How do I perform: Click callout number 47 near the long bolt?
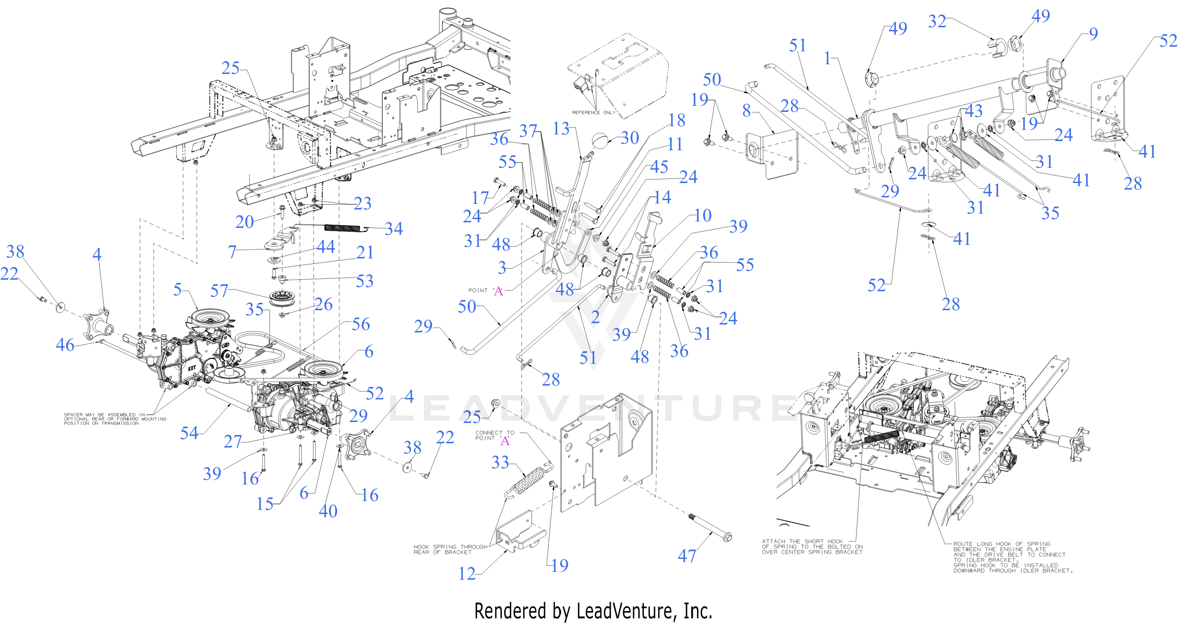(686, 556)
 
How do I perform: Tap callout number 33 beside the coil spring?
(500, 462)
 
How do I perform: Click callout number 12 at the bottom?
(467, 574)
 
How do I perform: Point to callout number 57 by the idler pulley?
(219, 291)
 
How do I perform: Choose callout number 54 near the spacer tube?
(189, 433)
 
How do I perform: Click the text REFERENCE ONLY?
(593, 112)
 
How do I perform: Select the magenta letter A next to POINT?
(498, 291)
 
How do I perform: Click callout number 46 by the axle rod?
(65, 345)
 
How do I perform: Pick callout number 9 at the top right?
(1093, 34)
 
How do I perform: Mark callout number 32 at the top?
(937, 21)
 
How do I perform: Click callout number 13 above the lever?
(561, 129)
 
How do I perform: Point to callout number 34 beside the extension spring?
(393, 228)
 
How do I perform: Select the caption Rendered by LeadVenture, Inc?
(593, 611)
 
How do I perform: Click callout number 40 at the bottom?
(328, 511)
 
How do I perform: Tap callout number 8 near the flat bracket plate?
(746, 110)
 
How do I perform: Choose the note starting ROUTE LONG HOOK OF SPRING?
(1012, 557)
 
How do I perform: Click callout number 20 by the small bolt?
(244, 222)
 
